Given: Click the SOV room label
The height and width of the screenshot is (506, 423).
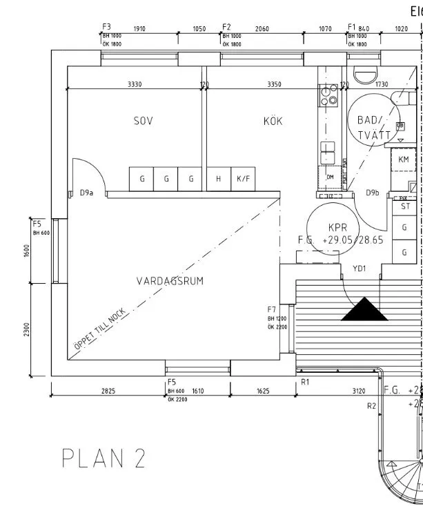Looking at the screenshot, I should point(143,121).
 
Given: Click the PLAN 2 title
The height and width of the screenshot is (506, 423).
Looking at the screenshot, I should point(104,459).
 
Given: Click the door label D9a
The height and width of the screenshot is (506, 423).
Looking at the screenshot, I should point(86,193).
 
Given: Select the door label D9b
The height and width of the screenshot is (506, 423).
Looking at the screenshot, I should point(373,193).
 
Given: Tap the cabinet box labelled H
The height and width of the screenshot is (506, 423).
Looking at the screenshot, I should point(218,179).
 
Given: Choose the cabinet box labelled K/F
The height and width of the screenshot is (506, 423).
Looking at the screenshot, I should point(243,179).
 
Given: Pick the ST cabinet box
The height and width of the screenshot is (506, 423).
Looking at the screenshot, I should point(405,206).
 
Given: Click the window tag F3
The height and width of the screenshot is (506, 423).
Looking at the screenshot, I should point(106,27).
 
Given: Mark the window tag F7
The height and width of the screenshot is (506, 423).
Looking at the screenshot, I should point(272,309).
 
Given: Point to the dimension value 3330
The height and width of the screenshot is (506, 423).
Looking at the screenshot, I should point(135,84).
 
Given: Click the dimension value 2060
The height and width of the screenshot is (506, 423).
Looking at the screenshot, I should point(262,29).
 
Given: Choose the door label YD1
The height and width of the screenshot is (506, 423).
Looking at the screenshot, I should point(358,267).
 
